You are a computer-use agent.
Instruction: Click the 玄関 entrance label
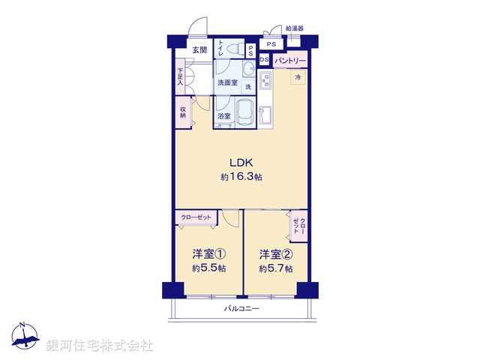point(199,49)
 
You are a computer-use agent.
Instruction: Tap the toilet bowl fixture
point(244,50)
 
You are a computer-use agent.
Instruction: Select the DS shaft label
point(265,60)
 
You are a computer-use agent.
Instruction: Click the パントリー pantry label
point(290,60)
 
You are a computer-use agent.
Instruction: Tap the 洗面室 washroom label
point(227,82)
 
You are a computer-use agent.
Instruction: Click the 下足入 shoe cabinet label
point(180,76)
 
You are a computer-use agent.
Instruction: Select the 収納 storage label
point(182,112)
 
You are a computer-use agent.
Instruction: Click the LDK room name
point(241,163)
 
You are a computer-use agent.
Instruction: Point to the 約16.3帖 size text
point(241,177)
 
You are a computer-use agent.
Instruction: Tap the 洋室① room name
point(209,253)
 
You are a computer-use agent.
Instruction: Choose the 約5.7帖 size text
point(275,268)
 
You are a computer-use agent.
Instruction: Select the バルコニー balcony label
point(241,308)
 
